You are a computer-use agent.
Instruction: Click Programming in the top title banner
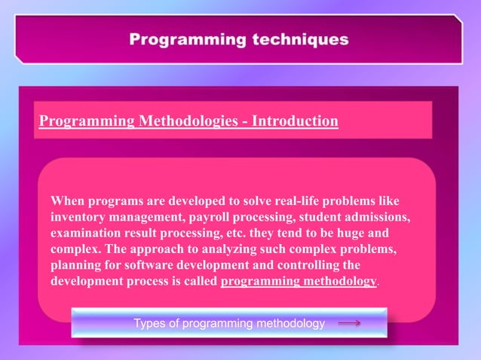coord(180,39)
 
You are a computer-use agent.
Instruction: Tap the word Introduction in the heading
coord(295,121)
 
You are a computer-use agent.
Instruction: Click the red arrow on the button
coord(348,323)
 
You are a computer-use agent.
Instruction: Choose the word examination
coord(87,233)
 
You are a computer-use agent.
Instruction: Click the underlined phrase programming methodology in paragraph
coord(299,281)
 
